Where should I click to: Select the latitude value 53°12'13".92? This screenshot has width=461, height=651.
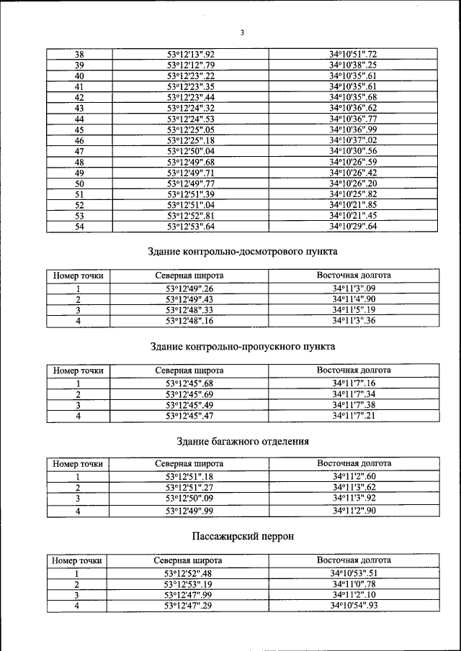click(191, 54)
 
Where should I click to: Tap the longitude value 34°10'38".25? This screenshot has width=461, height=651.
click(353, 65)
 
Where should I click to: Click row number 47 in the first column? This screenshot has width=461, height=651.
click(79, 151)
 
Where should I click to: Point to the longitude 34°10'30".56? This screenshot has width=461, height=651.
click(353, 151)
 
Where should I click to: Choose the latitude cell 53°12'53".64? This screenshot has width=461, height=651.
click(191, 227)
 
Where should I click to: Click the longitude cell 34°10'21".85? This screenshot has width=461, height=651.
click(353, 205)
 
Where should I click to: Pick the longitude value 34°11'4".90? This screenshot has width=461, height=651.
click(353, 299)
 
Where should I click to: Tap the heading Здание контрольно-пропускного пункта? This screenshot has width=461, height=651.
click(243, 347)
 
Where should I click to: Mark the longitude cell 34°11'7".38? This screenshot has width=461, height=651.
click(353, 405)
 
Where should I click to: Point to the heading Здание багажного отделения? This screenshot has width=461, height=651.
click(243, 441)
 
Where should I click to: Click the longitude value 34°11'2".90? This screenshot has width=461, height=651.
click(353, 511)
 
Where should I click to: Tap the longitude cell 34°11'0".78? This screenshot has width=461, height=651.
click(353, 585)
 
